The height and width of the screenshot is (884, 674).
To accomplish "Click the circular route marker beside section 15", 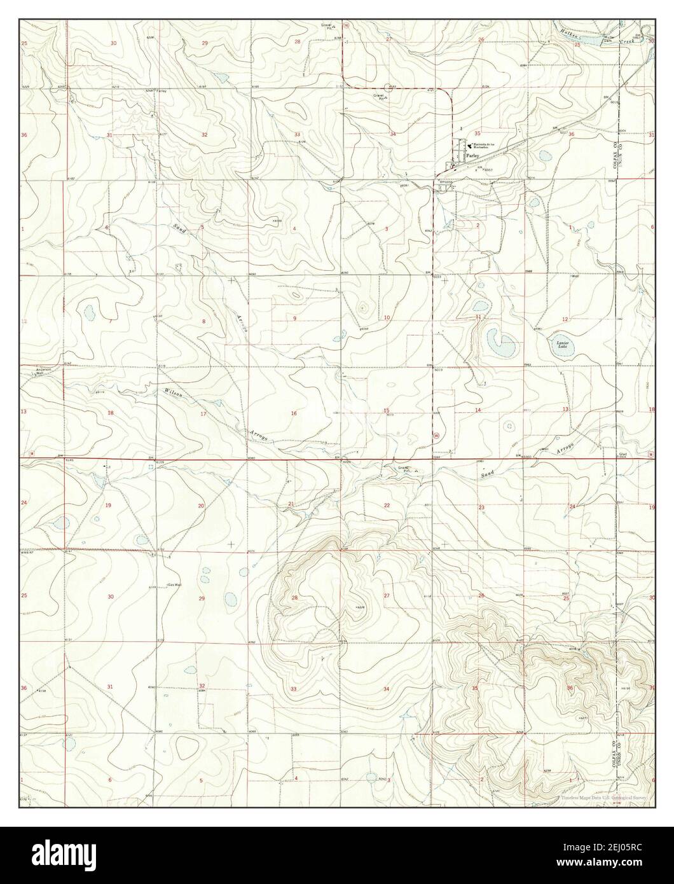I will coord(435,436).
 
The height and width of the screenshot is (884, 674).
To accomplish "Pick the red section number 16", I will coord(294,413).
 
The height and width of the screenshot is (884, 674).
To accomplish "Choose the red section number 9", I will coord(294,317).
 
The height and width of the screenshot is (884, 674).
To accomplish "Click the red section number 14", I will coord(478,410).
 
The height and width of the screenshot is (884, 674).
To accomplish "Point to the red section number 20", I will coord(201,506).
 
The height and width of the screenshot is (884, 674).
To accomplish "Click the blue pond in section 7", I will coord(88,313).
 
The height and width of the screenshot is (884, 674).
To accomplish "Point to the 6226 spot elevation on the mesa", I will coord(359,609).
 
